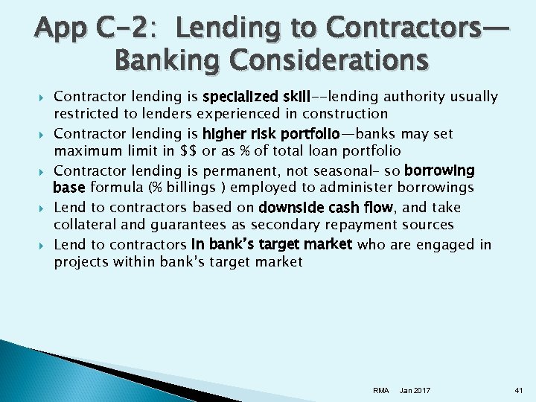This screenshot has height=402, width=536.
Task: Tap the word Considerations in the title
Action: [x=327, y=60]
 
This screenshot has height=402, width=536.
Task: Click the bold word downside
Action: [x=290, y=207]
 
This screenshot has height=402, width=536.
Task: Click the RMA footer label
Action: [x=380, y=391]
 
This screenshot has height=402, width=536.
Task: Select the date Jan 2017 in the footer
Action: [x=415, y=391]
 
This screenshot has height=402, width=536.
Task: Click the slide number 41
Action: [x=519, y=391]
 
